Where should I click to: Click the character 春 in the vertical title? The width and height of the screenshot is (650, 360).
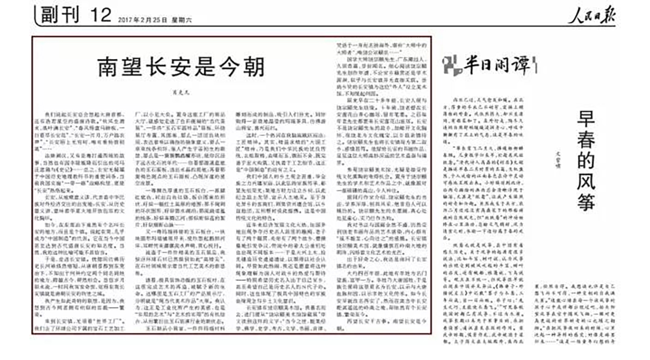tap(586, 140)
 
